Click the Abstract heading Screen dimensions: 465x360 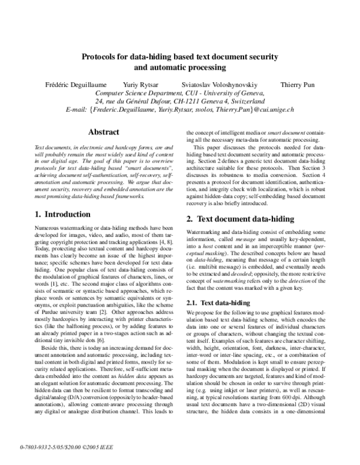point(104,132)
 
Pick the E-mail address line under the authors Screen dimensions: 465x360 point(179,110)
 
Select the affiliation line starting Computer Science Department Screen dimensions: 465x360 point(179,93)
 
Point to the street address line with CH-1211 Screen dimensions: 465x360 point(179,101)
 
